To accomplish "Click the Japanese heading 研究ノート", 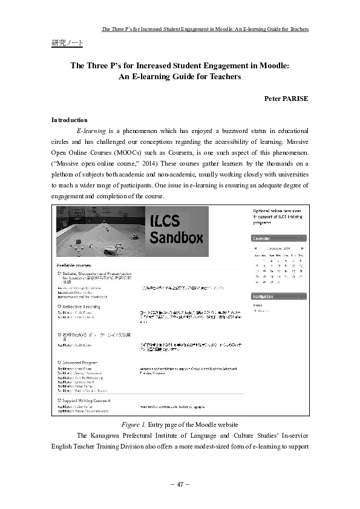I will coord(67,44).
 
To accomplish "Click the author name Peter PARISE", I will coord(286,98).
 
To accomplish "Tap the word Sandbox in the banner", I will coord(176,238).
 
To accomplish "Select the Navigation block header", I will coord(266,297).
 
